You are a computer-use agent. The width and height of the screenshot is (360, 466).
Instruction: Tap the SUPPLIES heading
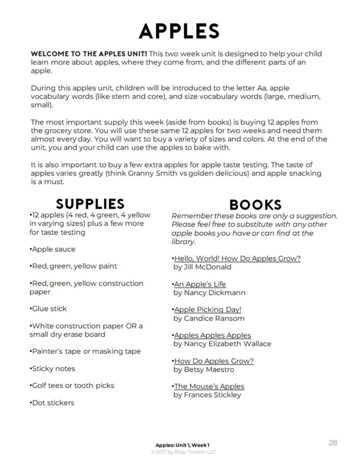[90, 203]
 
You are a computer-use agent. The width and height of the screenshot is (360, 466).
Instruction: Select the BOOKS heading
[255, 204]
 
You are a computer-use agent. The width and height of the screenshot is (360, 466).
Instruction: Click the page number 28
[333, 442]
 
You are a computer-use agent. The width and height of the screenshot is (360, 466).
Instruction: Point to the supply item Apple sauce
[53, 249]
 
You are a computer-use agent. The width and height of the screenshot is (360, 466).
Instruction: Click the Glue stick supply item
[48, 309]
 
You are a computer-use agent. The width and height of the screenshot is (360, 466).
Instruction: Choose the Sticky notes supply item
[53, 369]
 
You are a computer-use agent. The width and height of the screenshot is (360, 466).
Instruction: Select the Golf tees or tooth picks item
[72, 385]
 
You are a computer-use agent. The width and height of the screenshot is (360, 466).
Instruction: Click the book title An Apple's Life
[200, 284]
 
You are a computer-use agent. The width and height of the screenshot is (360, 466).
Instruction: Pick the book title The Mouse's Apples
[209, 386]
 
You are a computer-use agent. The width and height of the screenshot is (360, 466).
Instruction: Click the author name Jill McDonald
[202, 267]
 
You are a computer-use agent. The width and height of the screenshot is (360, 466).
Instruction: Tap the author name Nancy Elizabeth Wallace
[222, 344]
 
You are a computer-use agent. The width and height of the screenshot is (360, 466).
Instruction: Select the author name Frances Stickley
[207, 395]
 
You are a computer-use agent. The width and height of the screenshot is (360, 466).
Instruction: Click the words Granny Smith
[164, 173]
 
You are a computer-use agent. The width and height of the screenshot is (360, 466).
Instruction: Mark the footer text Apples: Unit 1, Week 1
[182, 445]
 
